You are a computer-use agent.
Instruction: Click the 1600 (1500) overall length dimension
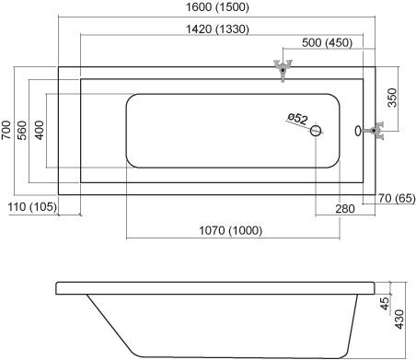tap(217, 6)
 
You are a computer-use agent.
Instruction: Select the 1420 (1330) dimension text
tap(217, 29)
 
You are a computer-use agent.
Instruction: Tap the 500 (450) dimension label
tap(327, 42)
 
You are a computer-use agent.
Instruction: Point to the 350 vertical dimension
tap(392, 98)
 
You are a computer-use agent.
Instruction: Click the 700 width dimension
tap(6, 130)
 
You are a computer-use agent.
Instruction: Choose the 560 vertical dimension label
tap(22, 130)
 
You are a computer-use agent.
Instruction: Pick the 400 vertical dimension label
tap(39, 130)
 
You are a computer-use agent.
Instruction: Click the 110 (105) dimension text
tap(32, 207)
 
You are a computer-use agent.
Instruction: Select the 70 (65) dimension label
tap(397, 198)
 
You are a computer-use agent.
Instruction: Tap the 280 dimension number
tap(345, 209)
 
